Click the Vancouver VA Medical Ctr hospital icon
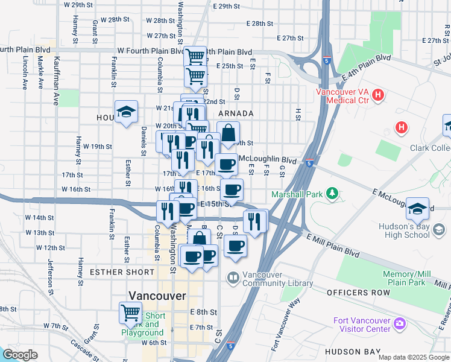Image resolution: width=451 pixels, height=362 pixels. pos(378,95)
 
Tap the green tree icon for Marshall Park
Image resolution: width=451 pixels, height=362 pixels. pos(331,194)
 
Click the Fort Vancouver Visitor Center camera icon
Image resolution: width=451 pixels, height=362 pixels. pos(399,325)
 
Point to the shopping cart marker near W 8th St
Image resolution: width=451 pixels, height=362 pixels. pos(131,313)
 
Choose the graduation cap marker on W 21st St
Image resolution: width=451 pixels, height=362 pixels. pos(125,112)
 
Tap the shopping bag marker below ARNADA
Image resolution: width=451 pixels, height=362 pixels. pos(229,133)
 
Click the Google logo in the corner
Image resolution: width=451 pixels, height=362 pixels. pos(20,354)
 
